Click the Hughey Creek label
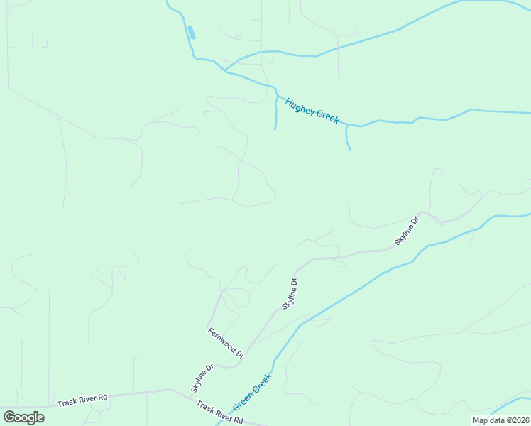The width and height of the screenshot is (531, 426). coord(312,111)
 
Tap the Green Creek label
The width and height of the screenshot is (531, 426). coord(252,391)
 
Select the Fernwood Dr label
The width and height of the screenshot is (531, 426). coord(226,342)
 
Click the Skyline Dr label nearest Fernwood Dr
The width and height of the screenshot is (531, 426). coord(202,378)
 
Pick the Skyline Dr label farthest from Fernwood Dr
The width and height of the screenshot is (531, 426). coord(407,231)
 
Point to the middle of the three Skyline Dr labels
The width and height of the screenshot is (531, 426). coord(289,293)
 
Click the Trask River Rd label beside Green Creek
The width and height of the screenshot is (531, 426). coord(220,414)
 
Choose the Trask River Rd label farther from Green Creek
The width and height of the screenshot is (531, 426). coord(83,398)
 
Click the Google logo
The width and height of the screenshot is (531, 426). coord(23,417)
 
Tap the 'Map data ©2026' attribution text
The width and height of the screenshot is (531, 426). coord(500,420)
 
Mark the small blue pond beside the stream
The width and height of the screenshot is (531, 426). coord(191,32)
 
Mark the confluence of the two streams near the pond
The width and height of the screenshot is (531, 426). coord(226,71)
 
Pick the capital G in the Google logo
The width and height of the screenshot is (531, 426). coord(9,417)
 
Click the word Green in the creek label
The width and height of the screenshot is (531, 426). coord(243,401)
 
